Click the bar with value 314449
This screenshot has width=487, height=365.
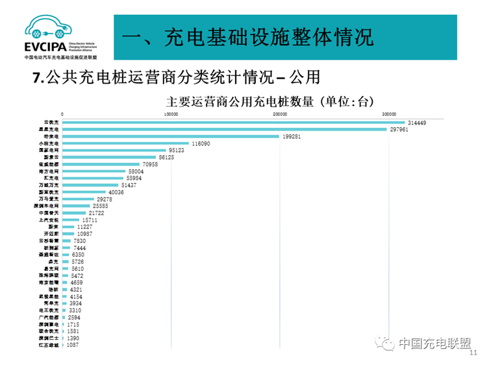(x=234, y=122)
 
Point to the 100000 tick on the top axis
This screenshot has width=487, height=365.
(x=171, y=114)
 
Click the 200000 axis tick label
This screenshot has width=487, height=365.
(x=281, y=114)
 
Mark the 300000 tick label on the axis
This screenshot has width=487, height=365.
(x=389, y=114)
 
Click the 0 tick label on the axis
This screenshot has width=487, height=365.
(x=63, y=114)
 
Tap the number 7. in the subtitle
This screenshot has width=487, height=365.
(x=38, y=78)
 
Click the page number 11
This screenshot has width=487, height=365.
(x=472, y=352)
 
